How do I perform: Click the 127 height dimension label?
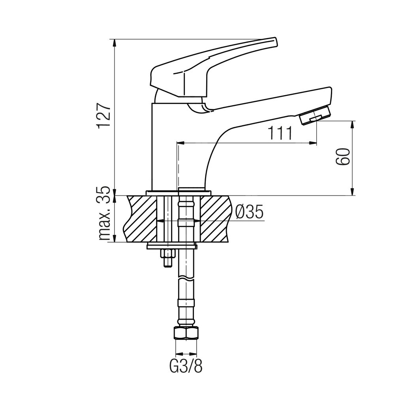coord(104,115)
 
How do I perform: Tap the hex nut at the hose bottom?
coord(186,333)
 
